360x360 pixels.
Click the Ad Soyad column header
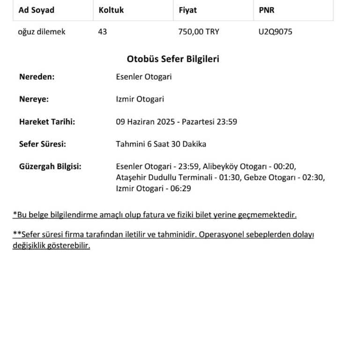point(36,10)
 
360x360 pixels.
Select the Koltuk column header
point(111,10)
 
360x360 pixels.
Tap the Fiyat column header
point(187,10)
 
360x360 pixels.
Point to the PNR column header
point(267,10)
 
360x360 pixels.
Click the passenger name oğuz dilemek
point(41,32)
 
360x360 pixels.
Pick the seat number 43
point(103,32)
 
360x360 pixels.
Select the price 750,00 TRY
point(199,32)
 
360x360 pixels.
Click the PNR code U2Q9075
point(276,32)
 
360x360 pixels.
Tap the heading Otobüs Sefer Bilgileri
point(173,60)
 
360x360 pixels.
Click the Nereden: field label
point(37,77)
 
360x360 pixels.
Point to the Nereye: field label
point(34,99)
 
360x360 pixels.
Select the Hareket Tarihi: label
point(47,122)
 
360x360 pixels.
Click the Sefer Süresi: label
point(42,144)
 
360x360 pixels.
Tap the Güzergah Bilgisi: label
point(50,167)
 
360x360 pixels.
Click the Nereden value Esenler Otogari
point(143,77)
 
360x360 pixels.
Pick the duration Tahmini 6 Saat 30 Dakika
point(161,144)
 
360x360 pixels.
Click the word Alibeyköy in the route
point(218,167)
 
